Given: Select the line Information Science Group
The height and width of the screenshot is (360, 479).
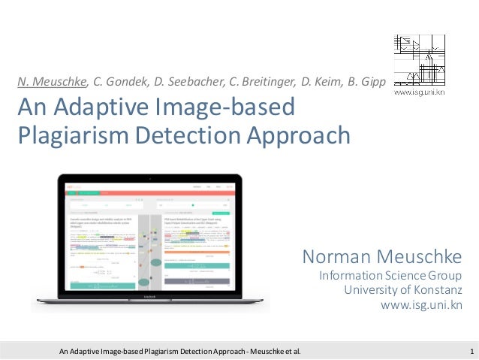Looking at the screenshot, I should [390, 277].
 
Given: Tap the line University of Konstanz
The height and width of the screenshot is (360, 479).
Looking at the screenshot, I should [402, 291].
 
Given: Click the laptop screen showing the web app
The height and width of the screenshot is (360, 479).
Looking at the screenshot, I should [150, 237].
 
